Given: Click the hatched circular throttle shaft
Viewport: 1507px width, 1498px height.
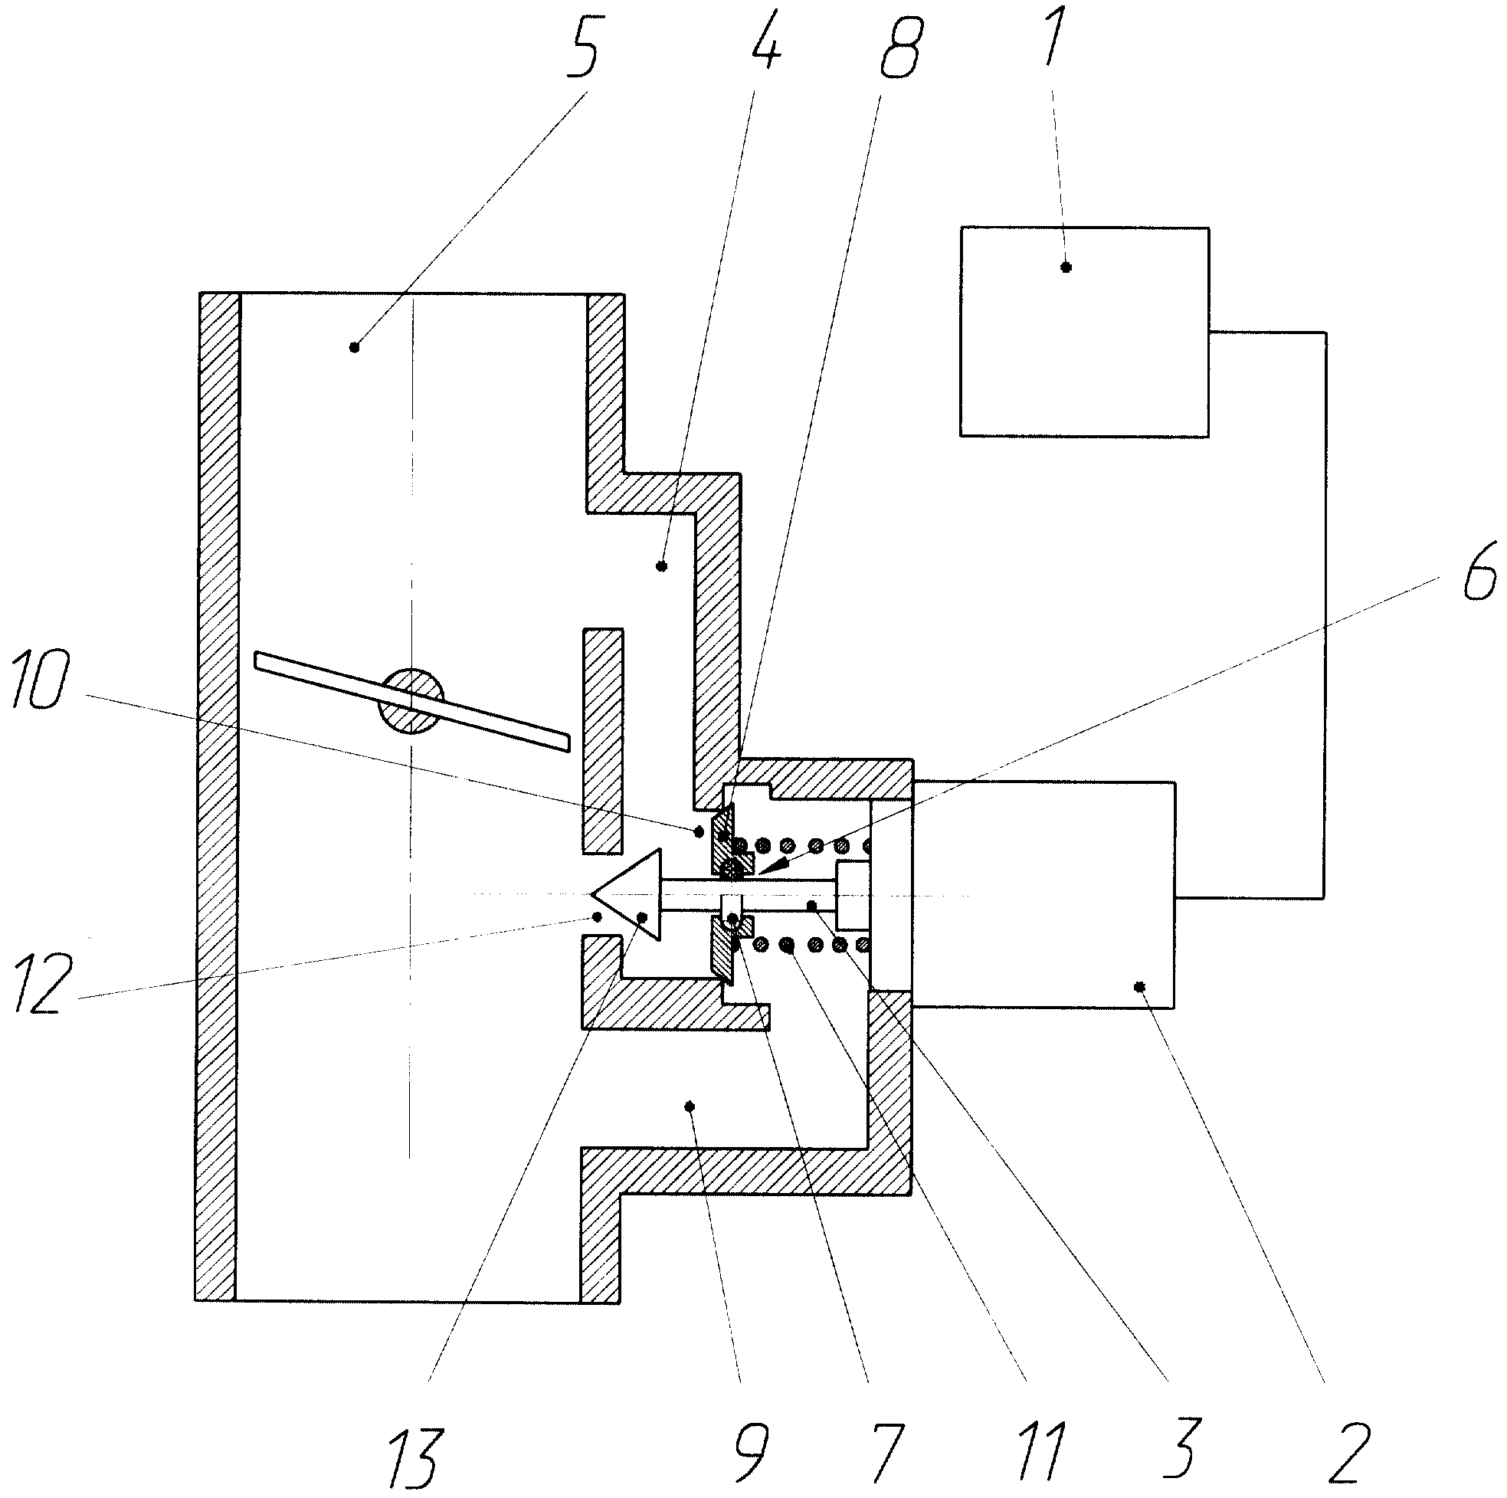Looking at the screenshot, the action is click(x=411, y=700).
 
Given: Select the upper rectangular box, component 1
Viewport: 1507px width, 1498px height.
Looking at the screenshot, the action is click(x=1084, y=332).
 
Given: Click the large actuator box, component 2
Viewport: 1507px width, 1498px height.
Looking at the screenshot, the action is click(x=1043, y=894).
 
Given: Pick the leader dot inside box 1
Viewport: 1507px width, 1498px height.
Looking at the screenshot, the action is click(x=1066, y=267).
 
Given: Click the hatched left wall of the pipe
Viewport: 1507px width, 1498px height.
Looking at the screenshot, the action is click(x=217, y=797).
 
